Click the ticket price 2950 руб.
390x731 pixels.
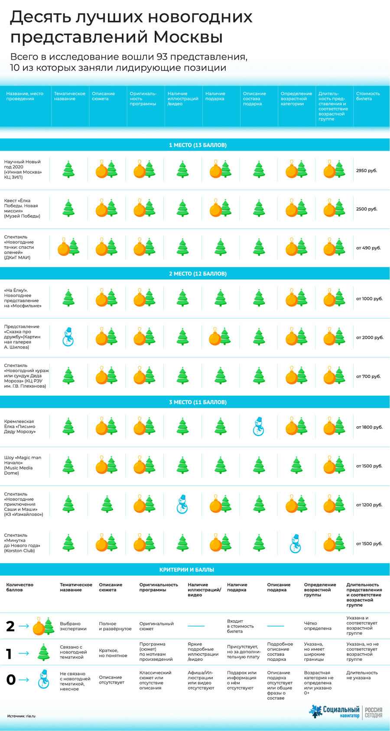click(x=367, y=171)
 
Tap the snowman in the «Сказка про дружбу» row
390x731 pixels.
click(x=68, y=337)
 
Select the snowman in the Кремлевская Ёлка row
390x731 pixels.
click(x=258, y=427)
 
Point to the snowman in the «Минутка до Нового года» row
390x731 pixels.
click(x=295, y=544)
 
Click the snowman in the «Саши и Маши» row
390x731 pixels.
click(x=182, y=505)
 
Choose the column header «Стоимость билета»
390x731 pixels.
click(x=368, y=96)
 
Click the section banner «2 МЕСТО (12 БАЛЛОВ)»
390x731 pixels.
click(x=198, y=274)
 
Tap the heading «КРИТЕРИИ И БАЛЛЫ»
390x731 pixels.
click(x=186, y=570)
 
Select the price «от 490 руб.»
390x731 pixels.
click(x=368, y=248)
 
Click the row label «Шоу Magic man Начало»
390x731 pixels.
click(x=23, y=465)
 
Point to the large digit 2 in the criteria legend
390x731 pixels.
click(x=10, y=626)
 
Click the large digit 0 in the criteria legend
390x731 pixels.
click(x=11, y=680)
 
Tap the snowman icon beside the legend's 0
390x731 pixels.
click(x=43, y=679)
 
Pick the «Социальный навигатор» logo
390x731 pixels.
click(x=335, y=712)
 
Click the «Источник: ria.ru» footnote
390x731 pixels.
click(x=21, y=716)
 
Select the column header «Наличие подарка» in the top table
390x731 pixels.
click(x=215, y=96)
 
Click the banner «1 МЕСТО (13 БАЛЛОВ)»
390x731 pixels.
click(x=198, y=145)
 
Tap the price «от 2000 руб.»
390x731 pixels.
click(x=370, y=338)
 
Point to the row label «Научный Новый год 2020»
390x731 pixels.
click(x=23, y=169)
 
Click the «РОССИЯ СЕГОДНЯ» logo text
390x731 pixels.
click(x=374, y=712)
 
